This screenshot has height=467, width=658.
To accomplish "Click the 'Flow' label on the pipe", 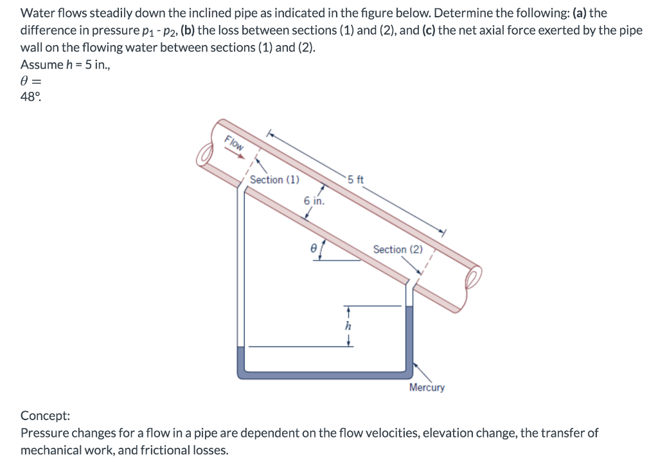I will (x=234, y=144).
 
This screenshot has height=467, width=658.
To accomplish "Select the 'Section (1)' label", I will (x=274, y=180).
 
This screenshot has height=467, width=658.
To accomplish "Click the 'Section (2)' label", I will (x=398, y=249).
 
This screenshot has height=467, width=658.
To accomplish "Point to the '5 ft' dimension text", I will (x=355, y=180).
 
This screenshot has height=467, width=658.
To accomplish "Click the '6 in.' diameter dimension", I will (x=314, y=201).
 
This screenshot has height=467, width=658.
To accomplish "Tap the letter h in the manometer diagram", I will (x=348, y=326).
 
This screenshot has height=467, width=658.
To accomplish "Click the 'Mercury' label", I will (x=427, y=387).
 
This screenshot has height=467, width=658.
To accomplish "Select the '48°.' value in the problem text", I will (x=33, y=98).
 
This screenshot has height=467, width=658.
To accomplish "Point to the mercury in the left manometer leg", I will (x=241, y=360).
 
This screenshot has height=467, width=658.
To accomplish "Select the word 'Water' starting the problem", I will (x=37, y=13).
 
